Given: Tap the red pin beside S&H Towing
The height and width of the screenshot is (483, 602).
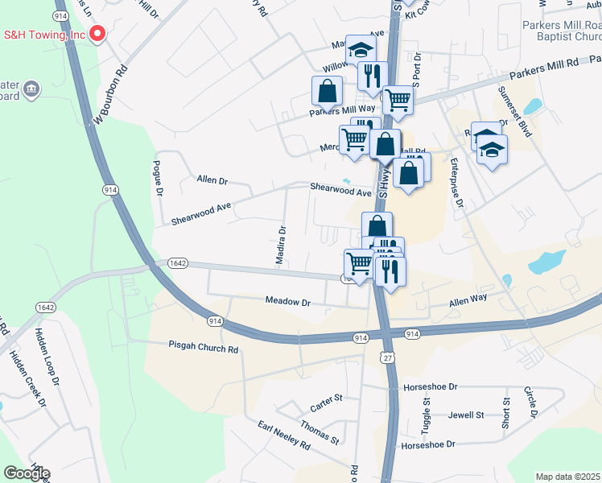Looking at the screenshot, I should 97,34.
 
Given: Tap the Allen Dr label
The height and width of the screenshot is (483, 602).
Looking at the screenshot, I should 212,181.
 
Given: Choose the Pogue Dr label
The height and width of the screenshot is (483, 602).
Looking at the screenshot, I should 158,178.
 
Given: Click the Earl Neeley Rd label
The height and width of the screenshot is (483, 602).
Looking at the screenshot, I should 283,435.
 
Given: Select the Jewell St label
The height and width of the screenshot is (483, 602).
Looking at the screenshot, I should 466,415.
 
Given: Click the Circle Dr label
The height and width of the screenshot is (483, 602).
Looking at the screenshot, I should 532,403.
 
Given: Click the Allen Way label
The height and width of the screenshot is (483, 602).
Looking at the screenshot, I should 468,301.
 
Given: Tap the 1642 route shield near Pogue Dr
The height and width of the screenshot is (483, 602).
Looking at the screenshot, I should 178,263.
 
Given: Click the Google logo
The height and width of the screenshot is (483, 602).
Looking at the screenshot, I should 27,473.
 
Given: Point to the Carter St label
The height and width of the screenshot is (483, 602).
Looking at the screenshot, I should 327,402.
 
